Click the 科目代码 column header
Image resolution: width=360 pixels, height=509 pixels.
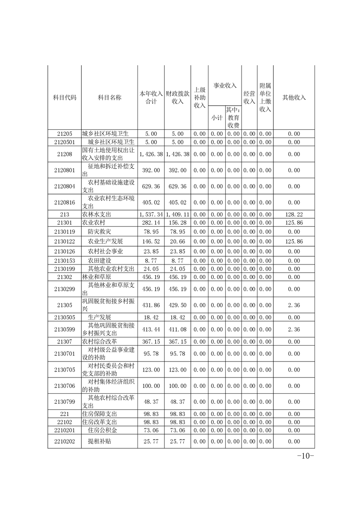[x=64, y=98]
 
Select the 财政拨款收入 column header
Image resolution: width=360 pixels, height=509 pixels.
[x=178, y=97]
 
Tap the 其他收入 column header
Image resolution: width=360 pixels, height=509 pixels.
[x=294, y=98]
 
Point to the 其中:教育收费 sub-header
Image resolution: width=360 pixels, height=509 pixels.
[x=233, y=118]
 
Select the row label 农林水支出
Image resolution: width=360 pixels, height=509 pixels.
[x=96, y=214]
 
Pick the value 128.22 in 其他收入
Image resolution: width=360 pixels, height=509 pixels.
[x=294, y=214]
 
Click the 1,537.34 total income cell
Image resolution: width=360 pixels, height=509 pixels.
[x=151, y=214]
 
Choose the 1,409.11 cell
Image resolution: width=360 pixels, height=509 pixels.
[x=178, y=214]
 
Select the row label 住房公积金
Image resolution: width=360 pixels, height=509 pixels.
[x=102, y=430]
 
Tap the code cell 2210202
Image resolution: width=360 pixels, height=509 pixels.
[x=64, y=440]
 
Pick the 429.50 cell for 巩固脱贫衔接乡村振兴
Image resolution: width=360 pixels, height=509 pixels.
[x=178, y=305]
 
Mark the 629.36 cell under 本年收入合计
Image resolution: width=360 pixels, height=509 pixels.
[x=151, y=186]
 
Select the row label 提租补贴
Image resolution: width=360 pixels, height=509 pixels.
[x=99, y=440]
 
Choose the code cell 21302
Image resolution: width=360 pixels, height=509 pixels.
[x=64, y=277]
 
